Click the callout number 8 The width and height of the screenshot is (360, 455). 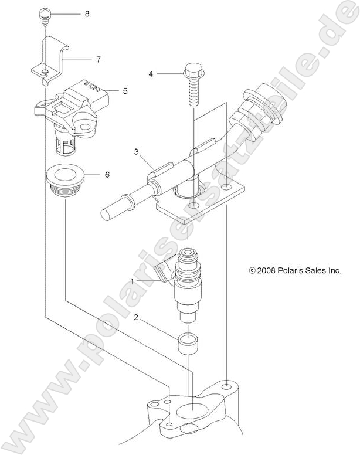pyautogui.click(x=87, y=13)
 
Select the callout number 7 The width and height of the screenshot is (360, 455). pyautogui.click(x=99, y=59)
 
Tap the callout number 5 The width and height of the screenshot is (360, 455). pyautogui.click(x=125, y=91)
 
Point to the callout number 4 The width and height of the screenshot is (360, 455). pyautogui.click(x=151, y=74)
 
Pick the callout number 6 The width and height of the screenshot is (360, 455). pyautogui.click(x=107, y=175)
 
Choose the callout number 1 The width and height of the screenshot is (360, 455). pyautogui.click(x=133, y=281)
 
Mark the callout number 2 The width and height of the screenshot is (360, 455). pyautogui.click(x=136, y=317)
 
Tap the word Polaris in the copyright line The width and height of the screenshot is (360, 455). pyautogui.click(x=289, y=271)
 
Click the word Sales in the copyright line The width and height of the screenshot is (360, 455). pyautogui.click(x=315, y=271)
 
